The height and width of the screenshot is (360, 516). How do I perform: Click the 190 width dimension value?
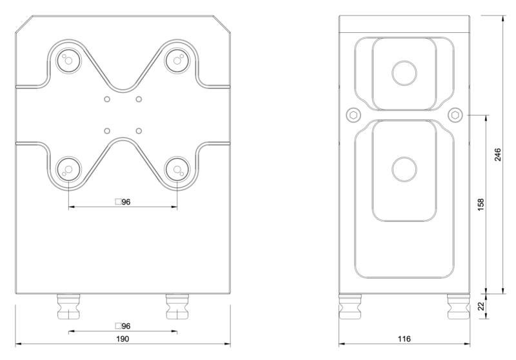pos(123,339)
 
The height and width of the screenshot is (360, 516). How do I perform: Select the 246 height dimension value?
pos(498,155)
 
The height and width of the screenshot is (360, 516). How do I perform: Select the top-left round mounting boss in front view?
pos(67,61)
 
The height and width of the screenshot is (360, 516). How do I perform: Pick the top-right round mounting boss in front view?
pos(176,61)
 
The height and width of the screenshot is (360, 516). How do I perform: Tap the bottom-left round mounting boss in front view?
pos(67,170)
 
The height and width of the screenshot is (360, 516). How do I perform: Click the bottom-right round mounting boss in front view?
pos(176,170)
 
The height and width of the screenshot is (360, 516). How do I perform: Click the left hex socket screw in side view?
pos(352,114)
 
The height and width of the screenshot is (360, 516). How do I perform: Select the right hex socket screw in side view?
pos(455,114)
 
